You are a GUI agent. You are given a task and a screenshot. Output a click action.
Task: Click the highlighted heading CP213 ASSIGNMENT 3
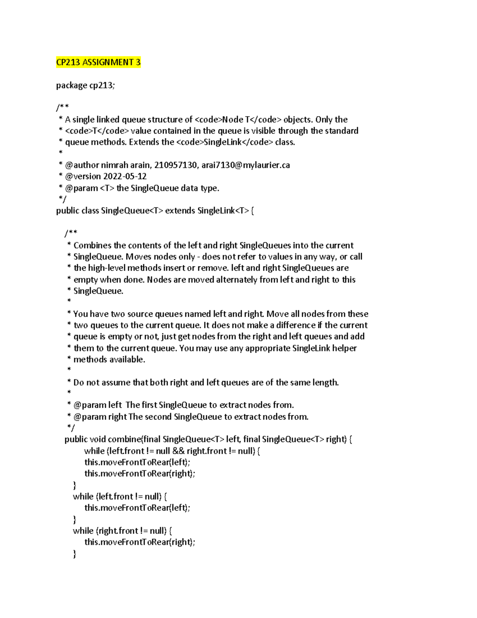98,62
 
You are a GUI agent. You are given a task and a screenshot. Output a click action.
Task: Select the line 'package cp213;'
85,86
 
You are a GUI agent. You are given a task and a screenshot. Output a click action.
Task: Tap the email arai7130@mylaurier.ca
246,165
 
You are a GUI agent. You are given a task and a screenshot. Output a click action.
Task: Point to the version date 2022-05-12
125,176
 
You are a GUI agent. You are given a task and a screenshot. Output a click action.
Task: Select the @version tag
83,176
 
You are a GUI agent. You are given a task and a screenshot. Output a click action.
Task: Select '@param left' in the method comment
98,405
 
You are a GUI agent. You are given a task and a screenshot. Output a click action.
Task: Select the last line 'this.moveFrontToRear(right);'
140,542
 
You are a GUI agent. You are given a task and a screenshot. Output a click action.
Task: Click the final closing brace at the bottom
74,554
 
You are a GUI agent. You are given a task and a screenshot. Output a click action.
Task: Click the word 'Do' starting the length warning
79,382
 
